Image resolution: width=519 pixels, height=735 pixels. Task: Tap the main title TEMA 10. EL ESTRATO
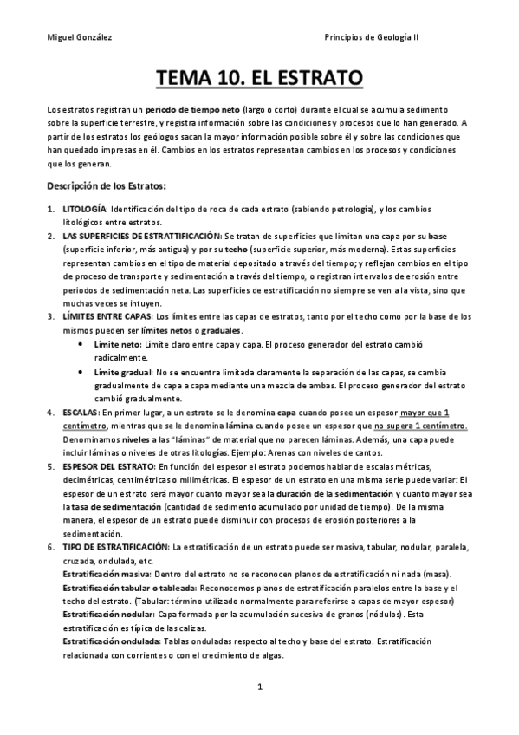click(x=259, y=81)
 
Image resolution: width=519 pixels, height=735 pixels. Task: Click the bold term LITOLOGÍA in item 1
click(x=84, y=210)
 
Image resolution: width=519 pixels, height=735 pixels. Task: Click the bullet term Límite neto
click(x=117, y=344)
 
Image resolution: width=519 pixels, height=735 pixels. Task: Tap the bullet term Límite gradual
click(x=122, y=372)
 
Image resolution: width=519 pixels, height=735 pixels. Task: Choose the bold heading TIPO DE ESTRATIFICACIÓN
click(x=116, y=549)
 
